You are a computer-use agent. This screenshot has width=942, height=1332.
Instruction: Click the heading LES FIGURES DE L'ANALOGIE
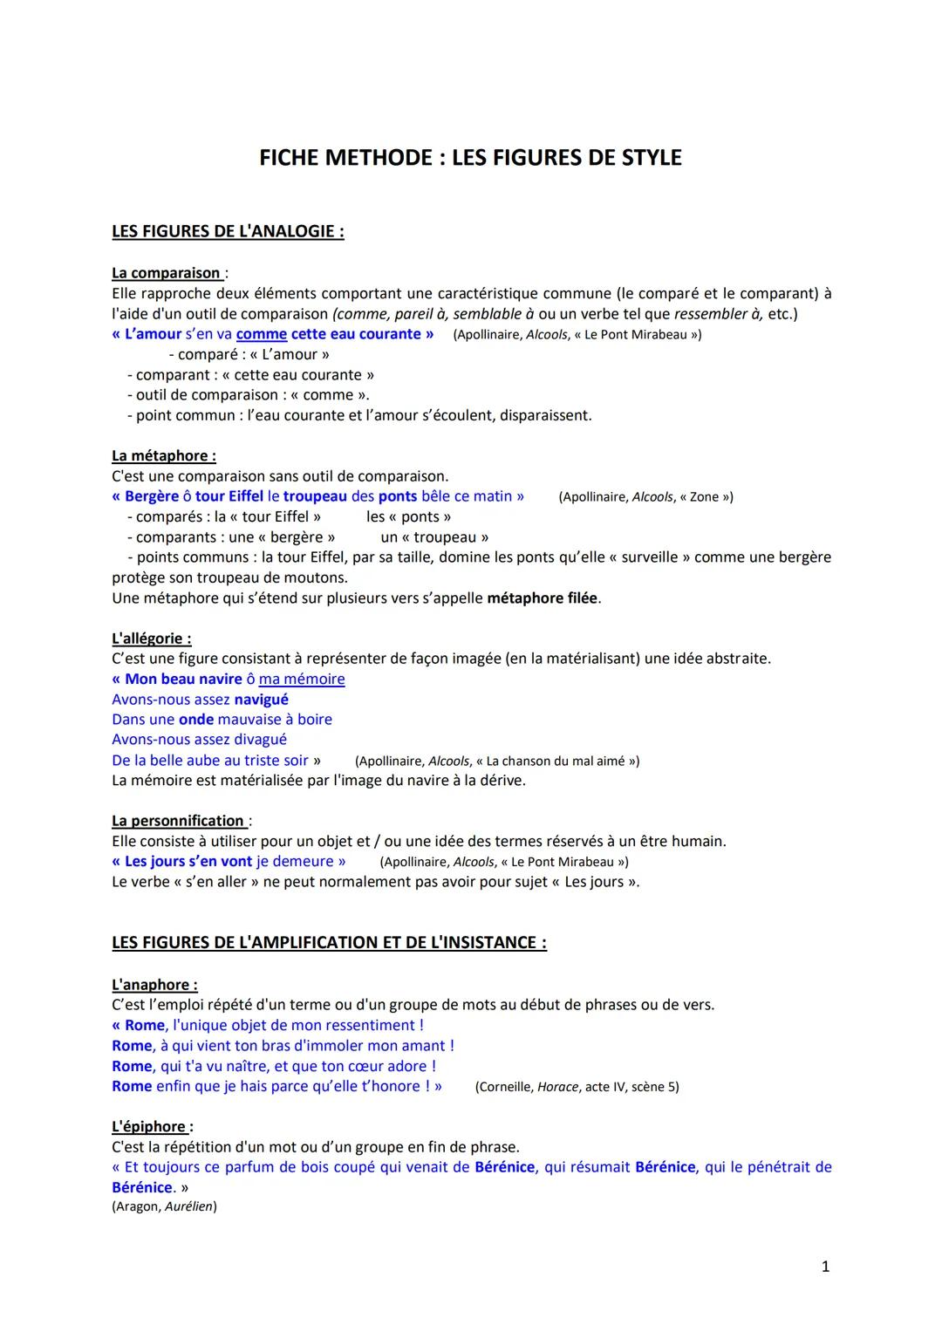[x=228, y=231]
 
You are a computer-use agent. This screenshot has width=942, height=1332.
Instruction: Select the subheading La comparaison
[x=166, y=273]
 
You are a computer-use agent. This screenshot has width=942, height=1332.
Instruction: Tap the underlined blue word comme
[x=261, y=334]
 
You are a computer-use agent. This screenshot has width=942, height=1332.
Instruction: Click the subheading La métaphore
[x=163, y=455]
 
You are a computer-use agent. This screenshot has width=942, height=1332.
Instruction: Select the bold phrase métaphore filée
[x=543, y=598]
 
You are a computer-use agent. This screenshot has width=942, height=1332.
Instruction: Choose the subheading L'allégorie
[x=151, y=639]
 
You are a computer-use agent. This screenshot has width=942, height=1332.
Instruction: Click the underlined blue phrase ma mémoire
[x=301, y=679]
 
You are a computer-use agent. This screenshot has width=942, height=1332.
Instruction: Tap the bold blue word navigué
[x=261, y=699]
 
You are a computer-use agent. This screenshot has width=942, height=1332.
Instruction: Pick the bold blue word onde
[x=195, y=719]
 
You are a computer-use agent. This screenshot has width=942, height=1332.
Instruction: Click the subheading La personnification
[x=178, y=821]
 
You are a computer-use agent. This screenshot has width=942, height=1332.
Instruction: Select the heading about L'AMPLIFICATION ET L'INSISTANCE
[x=329, y=943]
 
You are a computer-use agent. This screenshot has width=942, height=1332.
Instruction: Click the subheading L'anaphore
[x=154, y=985]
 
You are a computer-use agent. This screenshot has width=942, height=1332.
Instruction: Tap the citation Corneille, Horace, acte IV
[x=577, y=1087]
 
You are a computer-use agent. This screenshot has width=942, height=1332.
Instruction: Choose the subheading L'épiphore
[x=148, y=1127]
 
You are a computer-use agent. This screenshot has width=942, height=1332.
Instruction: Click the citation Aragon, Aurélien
[x=164, y=1206]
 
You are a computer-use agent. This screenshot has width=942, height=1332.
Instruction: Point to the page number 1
[x=825, y=1267]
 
